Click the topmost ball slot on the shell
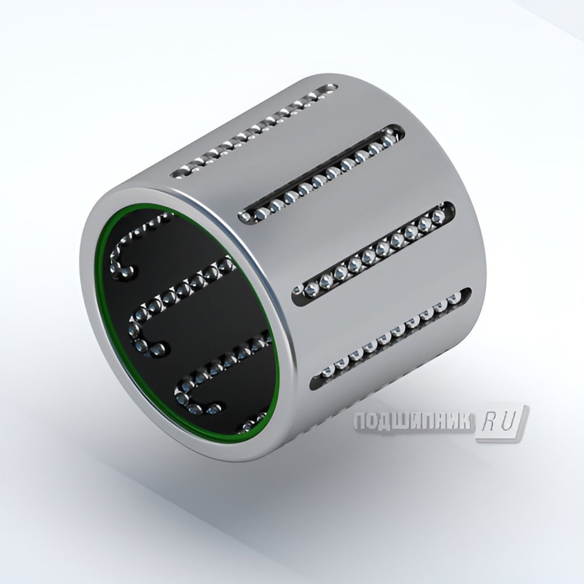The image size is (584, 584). [254, 132]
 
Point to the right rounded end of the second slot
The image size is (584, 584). [399, 131]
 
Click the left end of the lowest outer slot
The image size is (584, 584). [316, 382]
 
